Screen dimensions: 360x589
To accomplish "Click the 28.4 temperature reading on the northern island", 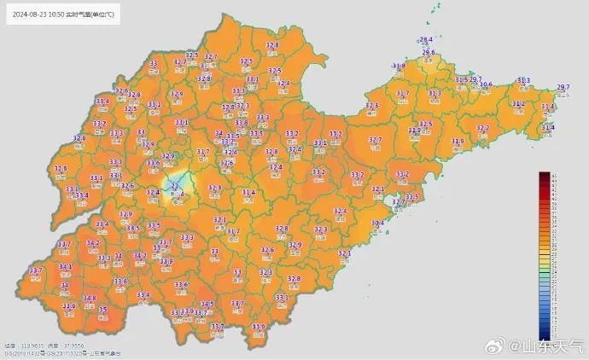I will (425, 40).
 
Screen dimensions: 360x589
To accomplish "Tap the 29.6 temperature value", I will (429, 52).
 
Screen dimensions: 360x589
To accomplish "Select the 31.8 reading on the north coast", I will (399, 66).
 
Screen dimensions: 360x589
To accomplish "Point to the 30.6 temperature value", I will (486, 84).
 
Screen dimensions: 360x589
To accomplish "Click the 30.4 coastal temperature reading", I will (377, 223).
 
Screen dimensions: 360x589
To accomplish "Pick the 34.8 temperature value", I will (89, 299).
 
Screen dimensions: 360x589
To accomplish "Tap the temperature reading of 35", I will (103, 310).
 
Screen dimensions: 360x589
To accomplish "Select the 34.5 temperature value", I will (207, 304).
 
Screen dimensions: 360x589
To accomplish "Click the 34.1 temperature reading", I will (65, 267).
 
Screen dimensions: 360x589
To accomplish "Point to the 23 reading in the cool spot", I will (175, 184).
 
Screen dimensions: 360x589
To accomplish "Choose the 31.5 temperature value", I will (461, 79).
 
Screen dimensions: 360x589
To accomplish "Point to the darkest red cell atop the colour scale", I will (544, 175).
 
